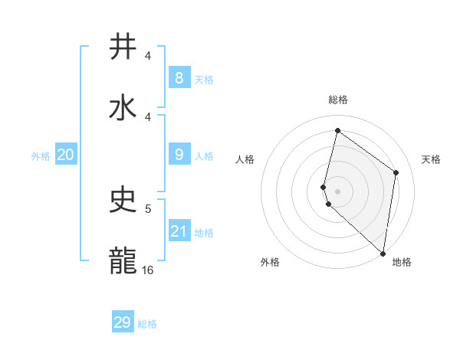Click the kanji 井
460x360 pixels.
click(124, 47)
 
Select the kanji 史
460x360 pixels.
click(124, 201)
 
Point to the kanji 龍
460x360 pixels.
click(124, 260)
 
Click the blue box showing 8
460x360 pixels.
click(179, 77)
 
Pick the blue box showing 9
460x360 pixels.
click(179, 155)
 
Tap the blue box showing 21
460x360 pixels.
click(179, 231)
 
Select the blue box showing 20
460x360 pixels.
click(65, 155)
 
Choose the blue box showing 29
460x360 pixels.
click(123, 322)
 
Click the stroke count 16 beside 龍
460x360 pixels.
click(148, 270)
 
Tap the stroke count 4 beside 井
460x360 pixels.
click(148, 56)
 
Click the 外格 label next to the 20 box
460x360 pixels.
click(41, 155)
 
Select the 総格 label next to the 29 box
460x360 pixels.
click(147, 324)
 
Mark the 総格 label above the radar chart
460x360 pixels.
click(338, 100)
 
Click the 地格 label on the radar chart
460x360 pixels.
click(402, 262)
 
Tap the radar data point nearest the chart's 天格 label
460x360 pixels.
click(396, 172)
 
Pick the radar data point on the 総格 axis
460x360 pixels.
click(337, 130)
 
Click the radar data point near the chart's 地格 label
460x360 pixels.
click(383, 253)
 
